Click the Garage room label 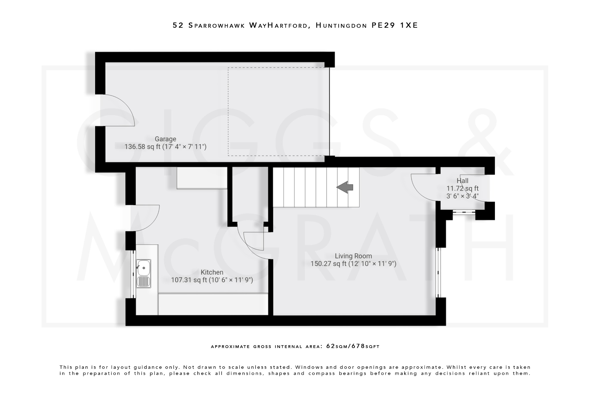(x=165, y=139)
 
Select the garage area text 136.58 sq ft (x=139, y=147)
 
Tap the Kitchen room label (x=212, y=272)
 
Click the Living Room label (x=353, y=256)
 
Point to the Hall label (x=462, y=181)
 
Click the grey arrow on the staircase (x=345, y=187)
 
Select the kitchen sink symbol (x=143, y=273)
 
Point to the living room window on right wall (x=438, y=272)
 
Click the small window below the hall (x=464, y=212)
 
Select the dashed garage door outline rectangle (x=278, y=112)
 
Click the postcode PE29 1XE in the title (x=394, y=25)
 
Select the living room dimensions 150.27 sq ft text (x=328, y=264)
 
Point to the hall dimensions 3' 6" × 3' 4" (x=462, y=196)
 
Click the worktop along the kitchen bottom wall (x=213, y=304)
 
